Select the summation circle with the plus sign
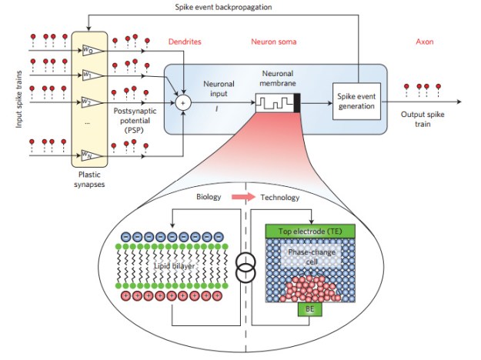(x=183, y=100)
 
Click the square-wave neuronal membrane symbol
(x=275, y=101)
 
